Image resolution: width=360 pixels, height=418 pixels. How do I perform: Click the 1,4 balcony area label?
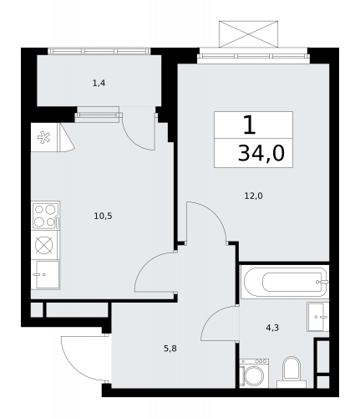point(99,83)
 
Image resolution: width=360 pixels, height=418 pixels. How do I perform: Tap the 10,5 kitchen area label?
point(103,216)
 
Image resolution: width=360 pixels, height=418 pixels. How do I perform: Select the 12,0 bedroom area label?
point(253,196)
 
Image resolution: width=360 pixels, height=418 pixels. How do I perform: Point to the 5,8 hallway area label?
point(170,349)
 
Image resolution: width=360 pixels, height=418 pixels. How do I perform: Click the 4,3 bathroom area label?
point(272,328)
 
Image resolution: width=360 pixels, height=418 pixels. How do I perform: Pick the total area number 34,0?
point(261,154)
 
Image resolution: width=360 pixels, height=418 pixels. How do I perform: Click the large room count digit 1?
point(250,125)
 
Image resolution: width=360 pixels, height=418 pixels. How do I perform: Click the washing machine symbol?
point(254,373)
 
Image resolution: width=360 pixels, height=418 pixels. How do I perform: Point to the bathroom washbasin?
point(318,317)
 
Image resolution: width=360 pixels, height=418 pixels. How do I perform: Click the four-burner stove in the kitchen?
point(45,216)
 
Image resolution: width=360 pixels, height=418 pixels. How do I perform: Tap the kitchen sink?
point(45,274)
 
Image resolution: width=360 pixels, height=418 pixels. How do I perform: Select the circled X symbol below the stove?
point(44,245)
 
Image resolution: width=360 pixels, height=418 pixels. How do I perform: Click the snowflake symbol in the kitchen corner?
point(44,137)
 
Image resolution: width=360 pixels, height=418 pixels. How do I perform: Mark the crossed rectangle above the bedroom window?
point(248,34)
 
